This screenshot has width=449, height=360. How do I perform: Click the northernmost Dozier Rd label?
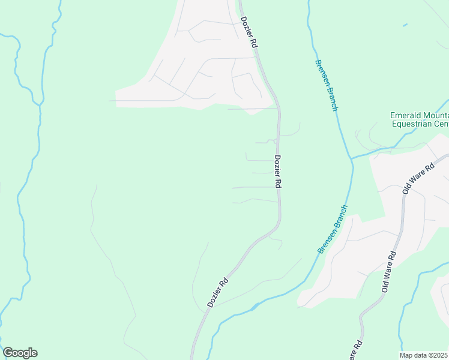pos(250,32)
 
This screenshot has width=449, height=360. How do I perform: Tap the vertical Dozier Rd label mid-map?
pos(278,173)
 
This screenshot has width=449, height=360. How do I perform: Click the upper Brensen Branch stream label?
pos(326,85)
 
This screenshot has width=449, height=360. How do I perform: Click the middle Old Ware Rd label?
pos(389,272)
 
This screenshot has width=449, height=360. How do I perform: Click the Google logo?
pos(20,353)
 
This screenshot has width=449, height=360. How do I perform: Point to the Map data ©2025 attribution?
pos(424,355)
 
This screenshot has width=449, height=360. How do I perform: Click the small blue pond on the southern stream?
pos(255,306)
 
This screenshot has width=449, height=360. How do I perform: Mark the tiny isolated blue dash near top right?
pos(405,25)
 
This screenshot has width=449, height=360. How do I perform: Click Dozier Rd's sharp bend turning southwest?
pos(277,227)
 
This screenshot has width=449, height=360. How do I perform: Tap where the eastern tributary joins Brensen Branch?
pos(352,158)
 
